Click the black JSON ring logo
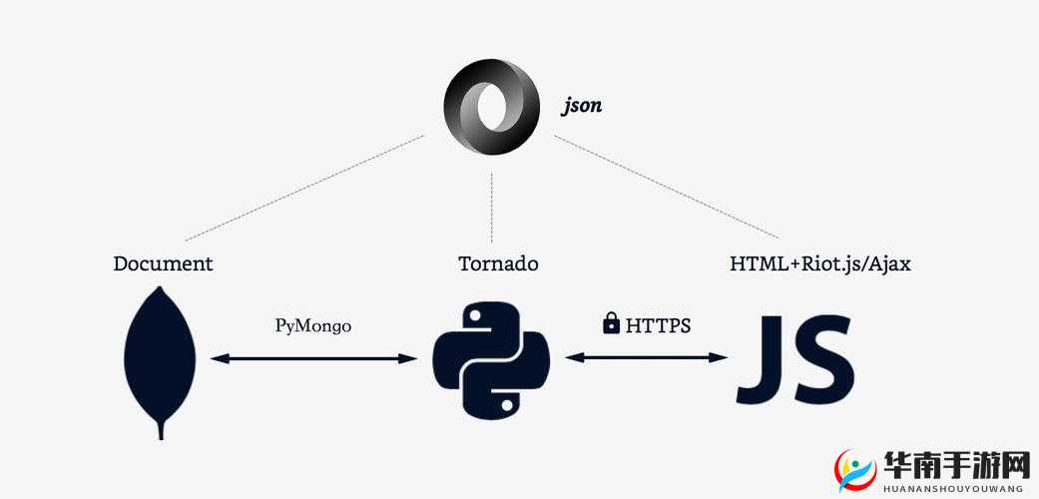491,107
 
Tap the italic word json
582,105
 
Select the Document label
163,263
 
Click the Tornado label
498,263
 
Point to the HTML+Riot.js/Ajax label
820,263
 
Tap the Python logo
491,360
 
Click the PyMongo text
313,325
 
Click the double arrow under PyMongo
314,357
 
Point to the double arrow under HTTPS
647,356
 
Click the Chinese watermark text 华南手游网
956,466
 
